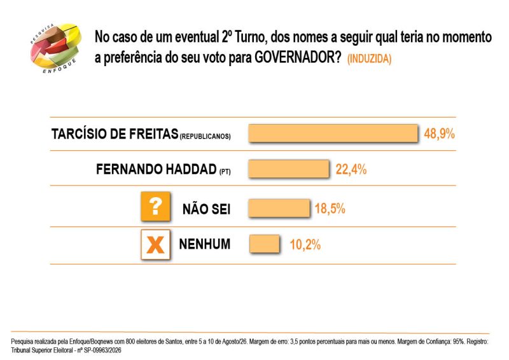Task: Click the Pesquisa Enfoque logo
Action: (x=55, y=48)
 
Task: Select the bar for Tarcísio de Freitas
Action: (x=333, y=133)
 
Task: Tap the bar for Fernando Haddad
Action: (x=289, y=169)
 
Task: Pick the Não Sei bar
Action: (x=279, y=208)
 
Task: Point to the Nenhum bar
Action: (x=264, y=244)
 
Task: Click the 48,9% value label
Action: (x=439, y=134)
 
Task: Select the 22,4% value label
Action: (x=351, y=169)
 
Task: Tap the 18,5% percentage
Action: (x=330, y=209)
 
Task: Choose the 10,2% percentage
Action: (x=305, y=244)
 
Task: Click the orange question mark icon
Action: (x=155, y=207)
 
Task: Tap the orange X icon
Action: (x=155, y=244)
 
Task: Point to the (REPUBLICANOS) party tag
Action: (x=205, y=136)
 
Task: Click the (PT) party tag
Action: (x=225, y=172)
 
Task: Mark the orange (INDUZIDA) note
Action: (x=370, y=59)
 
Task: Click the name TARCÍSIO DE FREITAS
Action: (x=115, y=134)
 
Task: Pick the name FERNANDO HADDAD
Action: (x=157, y=169)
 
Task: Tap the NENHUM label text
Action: (x=204, y=244)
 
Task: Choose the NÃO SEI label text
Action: (x=206, y=209)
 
